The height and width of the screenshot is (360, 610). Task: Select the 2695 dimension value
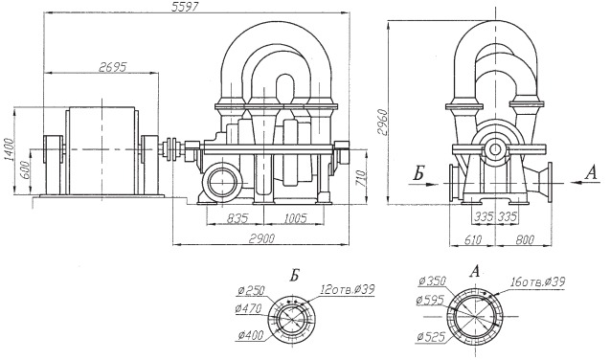point(113,67)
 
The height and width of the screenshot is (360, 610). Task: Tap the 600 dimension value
point(25,170)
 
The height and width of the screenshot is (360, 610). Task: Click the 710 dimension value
point(361,178)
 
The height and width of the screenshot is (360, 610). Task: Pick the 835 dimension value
point(237,218)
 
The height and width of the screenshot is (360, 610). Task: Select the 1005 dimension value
point(295,218)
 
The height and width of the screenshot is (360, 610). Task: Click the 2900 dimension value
point(261,238)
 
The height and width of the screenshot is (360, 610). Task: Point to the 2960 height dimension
point(382,122)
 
